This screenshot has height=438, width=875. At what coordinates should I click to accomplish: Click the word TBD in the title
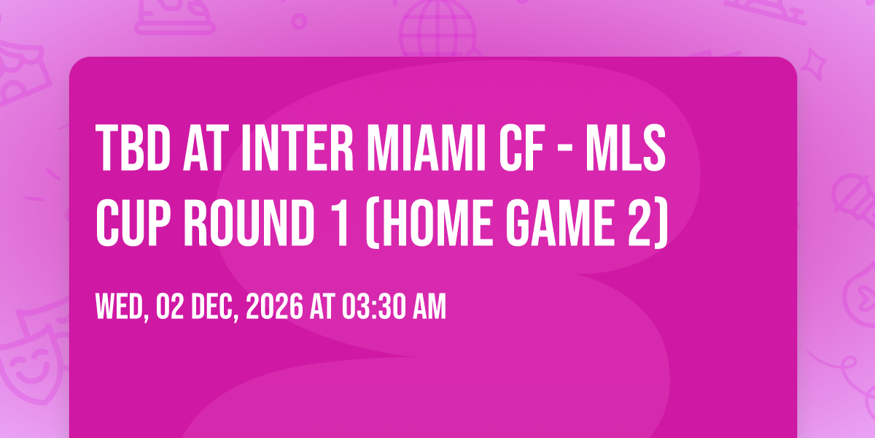point(133,147)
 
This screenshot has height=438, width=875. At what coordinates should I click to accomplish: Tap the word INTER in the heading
point(297,147)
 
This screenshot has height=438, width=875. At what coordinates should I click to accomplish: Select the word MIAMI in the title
point(426,147)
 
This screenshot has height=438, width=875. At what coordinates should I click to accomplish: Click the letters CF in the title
point(522,147)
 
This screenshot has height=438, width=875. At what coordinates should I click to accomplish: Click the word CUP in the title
point(133,223)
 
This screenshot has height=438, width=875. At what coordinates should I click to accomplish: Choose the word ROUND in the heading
point(249,223)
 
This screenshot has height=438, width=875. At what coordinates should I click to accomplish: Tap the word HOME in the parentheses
point(433,223)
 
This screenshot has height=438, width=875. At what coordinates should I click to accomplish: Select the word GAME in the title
point(560,223)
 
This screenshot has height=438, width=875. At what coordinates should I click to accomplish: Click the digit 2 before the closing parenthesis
point(639,223)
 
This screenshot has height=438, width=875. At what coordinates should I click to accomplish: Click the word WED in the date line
point(120,307)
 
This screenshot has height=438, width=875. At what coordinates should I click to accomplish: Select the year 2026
point(274,307)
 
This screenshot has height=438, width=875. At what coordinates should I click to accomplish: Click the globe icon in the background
point(437,29)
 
